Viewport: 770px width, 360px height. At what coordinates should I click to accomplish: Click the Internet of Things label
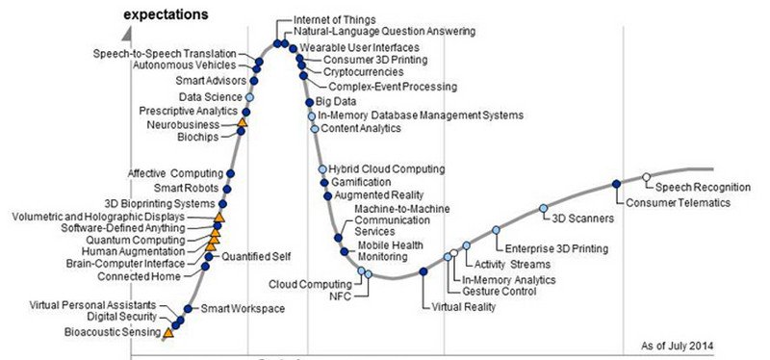334,19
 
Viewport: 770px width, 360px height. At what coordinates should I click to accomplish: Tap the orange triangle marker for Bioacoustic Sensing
168,333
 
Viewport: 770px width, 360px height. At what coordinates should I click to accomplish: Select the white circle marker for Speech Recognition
646,177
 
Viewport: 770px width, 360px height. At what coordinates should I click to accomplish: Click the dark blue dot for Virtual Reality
423,271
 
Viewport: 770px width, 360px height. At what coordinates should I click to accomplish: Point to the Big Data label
336,102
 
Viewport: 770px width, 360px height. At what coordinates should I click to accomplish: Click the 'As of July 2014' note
678,346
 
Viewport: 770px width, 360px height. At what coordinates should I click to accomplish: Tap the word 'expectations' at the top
166,14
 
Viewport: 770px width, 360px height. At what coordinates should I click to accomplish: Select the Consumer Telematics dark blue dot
616,184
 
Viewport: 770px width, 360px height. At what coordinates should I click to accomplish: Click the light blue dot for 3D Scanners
543,208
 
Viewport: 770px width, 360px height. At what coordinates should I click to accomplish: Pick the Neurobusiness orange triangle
243,122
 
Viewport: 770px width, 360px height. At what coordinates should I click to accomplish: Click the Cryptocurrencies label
364,72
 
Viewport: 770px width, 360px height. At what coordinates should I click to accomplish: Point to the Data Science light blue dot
249,97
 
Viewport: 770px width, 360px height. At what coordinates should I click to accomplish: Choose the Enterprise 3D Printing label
556,248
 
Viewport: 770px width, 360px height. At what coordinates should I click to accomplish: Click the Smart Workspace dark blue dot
188,308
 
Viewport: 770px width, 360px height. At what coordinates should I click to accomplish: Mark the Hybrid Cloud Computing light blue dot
322,169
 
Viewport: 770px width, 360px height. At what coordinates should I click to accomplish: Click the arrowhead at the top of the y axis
127,35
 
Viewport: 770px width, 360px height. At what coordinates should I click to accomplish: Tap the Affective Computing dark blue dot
230,173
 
